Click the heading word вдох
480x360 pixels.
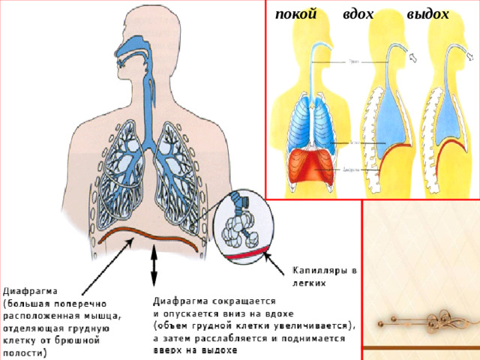(357, 13)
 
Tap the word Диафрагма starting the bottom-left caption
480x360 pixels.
(32, 289)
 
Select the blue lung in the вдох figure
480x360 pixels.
(390, 120)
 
